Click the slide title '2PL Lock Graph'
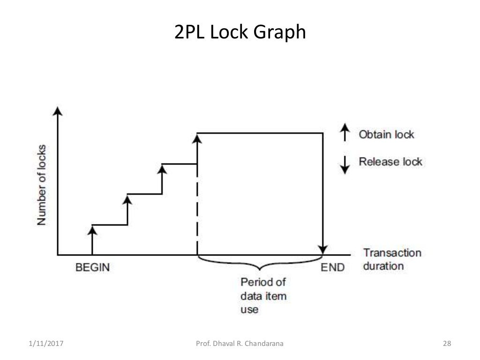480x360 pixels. [x=240, y=33]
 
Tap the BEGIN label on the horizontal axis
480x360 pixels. [x=92, y=267]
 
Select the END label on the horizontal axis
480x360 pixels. [x=332, y=267]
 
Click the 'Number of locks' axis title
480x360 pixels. [x=42, y=185]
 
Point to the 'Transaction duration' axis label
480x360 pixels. [x=392, y=259]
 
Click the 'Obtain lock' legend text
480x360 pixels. [x=386, y=135]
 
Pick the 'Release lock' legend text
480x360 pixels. [x=390, y=162]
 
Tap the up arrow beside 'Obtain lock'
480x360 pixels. [x=345, y=133]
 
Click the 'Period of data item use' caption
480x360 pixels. [x=263, y=296]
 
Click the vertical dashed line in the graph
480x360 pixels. [x=197, y=211]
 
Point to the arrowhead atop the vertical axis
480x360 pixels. [x=57, y=111]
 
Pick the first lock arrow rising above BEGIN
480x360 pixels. [x=92, y=239]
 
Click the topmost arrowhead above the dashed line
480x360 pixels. [x=197, y=137]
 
